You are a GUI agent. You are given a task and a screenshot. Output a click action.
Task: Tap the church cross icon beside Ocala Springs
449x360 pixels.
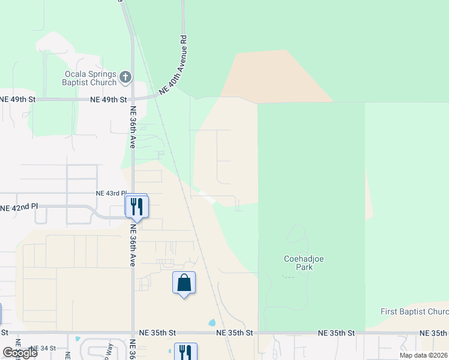point(125,76)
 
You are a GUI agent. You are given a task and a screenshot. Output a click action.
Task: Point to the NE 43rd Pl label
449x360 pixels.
point(111,194)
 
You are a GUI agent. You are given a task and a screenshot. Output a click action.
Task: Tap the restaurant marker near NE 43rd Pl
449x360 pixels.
point(136,206)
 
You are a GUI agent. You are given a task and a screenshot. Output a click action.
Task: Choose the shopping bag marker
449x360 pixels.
point(184,283)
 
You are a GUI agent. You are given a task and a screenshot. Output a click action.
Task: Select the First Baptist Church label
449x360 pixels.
point(414,312)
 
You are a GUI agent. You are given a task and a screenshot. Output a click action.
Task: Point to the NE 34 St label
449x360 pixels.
point(43,348)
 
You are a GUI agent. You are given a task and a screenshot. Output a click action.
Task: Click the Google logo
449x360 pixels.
point(19,353)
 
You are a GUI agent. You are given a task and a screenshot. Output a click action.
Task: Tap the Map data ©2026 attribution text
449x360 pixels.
point(423,355)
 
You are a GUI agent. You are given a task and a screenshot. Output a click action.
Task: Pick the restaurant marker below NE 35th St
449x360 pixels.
point(185,352)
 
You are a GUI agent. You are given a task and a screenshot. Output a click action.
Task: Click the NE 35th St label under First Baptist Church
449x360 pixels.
point(433,333)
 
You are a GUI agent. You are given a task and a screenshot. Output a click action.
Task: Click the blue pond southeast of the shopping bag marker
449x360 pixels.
point(211,322)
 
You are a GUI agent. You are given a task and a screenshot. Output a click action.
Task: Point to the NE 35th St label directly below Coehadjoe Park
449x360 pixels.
point(337,333)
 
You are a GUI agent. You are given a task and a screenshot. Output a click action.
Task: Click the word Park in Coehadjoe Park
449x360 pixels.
point(304,268)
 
